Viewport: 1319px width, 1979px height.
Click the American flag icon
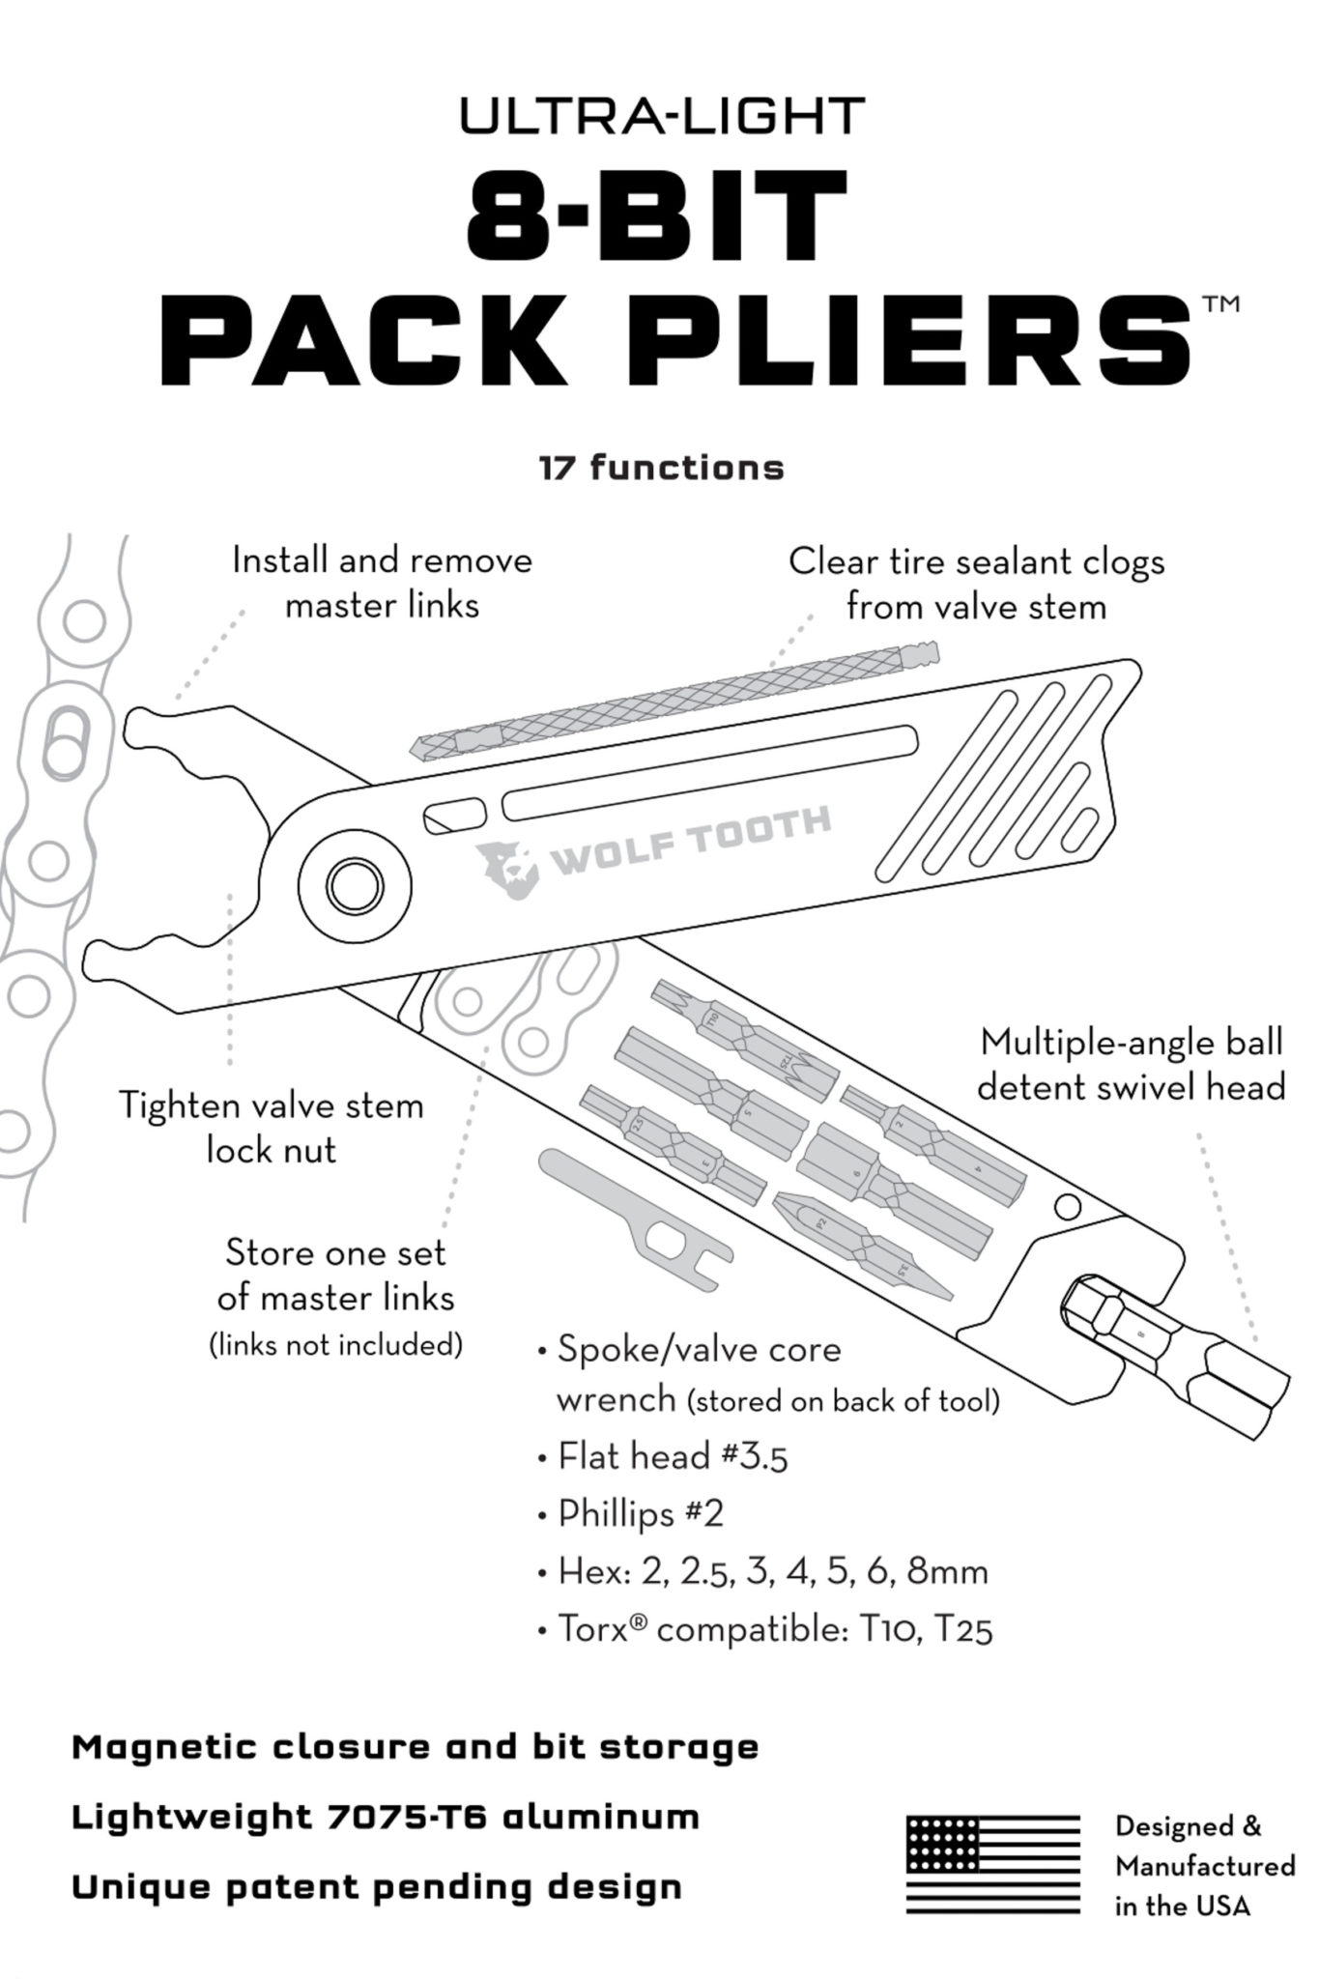point(992,1865)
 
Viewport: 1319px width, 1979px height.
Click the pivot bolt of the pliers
point(354,883)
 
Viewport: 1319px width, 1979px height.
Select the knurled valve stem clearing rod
point(674,700)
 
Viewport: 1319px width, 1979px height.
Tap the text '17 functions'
point(661,468)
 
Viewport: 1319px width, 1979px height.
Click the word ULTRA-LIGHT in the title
point(661,117)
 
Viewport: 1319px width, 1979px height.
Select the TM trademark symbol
point(1220,305)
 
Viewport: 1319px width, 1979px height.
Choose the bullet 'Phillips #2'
point(630,1513)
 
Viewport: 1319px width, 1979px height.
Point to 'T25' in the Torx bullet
point(963,1630)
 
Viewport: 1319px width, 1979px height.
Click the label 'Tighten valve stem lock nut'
point(272,1128)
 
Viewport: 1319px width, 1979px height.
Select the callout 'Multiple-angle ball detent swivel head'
point(1132,1065)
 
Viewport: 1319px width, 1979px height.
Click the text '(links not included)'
point(336,1344)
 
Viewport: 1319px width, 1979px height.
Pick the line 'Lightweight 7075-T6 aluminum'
point(386,1817)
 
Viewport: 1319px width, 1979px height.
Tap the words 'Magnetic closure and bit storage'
point(416,1747)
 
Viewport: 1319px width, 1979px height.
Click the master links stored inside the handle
point(512,1005)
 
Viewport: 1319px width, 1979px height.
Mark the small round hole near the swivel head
point(1067,1207)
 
